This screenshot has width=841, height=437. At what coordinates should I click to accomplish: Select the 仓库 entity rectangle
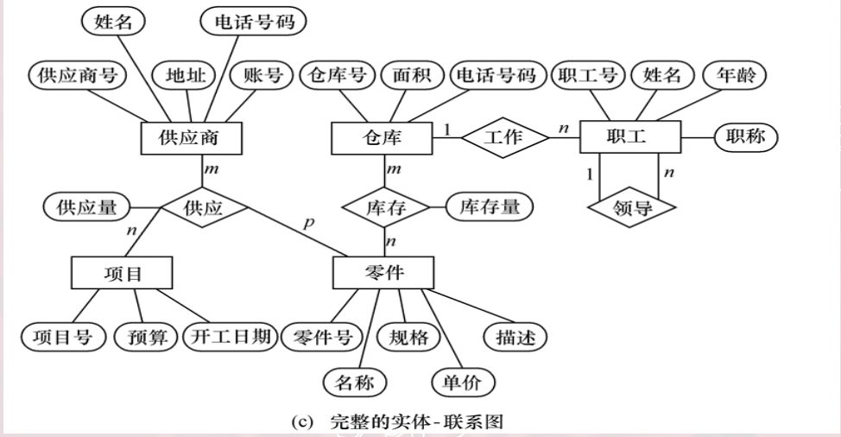pyautogui.click(x=381, y=137)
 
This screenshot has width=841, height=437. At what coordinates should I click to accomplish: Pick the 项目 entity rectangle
pyautogui.click(x=121, y=274)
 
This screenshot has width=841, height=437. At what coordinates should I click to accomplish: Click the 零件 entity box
pyautogui.click(x=381, y=274)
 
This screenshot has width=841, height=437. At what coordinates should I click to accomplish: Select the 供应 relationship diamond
pyautogui.click(x=204, y=208)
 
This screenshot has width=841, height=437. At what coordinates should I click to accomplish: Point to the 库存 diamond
pyautogui.click(x=385, y=208)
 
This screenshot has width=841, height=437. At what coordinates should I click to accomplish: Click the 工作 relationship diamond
pyautogui.click(x=504, y=137)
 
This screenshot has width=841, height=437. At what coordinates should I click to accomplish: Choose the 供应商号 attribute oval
pyautogui.click(x=76, y=76)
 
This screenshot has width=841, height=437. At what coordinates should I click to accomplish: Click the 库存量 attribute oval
pyautogui.click(x=490, y=208)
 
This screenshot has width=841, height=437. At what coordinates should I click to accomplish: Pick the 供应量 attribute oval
pyautogui.click(x=85, y=208)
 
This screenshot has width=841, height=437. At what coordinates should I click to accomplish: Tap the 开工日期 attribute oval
pyautogui.click(x=227, y=337)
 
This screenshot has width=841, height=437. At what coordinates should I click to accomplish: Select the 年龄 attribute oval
pyautogui.click(x=734, y=76)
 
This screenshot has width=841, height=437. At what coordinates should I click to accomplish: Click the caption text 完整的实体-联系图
pyautogui.click(x=414, y=423)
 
